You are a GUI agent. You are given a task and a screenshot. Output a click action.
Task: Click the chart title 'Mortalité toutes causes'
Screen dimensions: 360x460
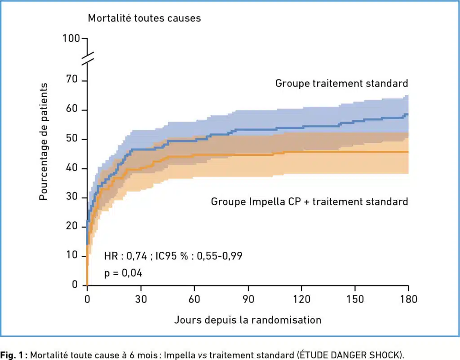[x=144, y=18]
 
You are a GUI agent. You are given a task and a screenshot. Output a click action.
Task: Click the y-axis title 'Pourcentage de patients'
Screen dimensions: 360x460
[x=44, y=141]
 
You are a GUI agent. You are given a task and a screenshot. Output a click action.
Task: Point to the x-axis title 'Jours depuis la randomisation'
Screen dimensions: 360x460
[x=248, y=320]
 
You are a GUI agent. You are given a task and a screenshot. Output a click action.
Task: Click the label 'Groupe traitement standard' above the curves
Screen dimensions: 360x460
[x=341, y=83]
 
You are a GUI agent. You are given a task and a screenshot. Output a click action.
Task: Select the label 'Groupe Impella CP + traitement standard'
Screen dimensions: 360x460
[x=310, y=202]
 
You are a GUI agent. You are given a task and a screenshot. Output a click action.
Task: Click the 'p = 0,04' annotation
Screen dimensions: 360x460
[x=124, y=273]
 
